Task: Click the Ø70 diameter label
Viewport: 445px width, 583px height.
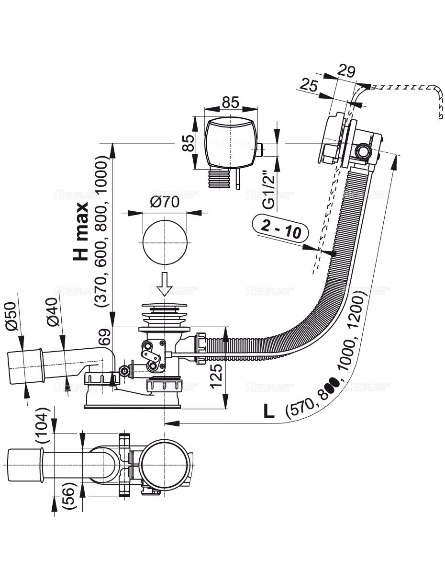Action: (165, 202)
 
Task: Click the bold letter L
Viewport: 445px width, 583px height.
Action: (270, 412)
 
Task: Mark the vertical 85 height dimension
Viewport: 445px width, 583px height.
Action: (189, 142)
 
